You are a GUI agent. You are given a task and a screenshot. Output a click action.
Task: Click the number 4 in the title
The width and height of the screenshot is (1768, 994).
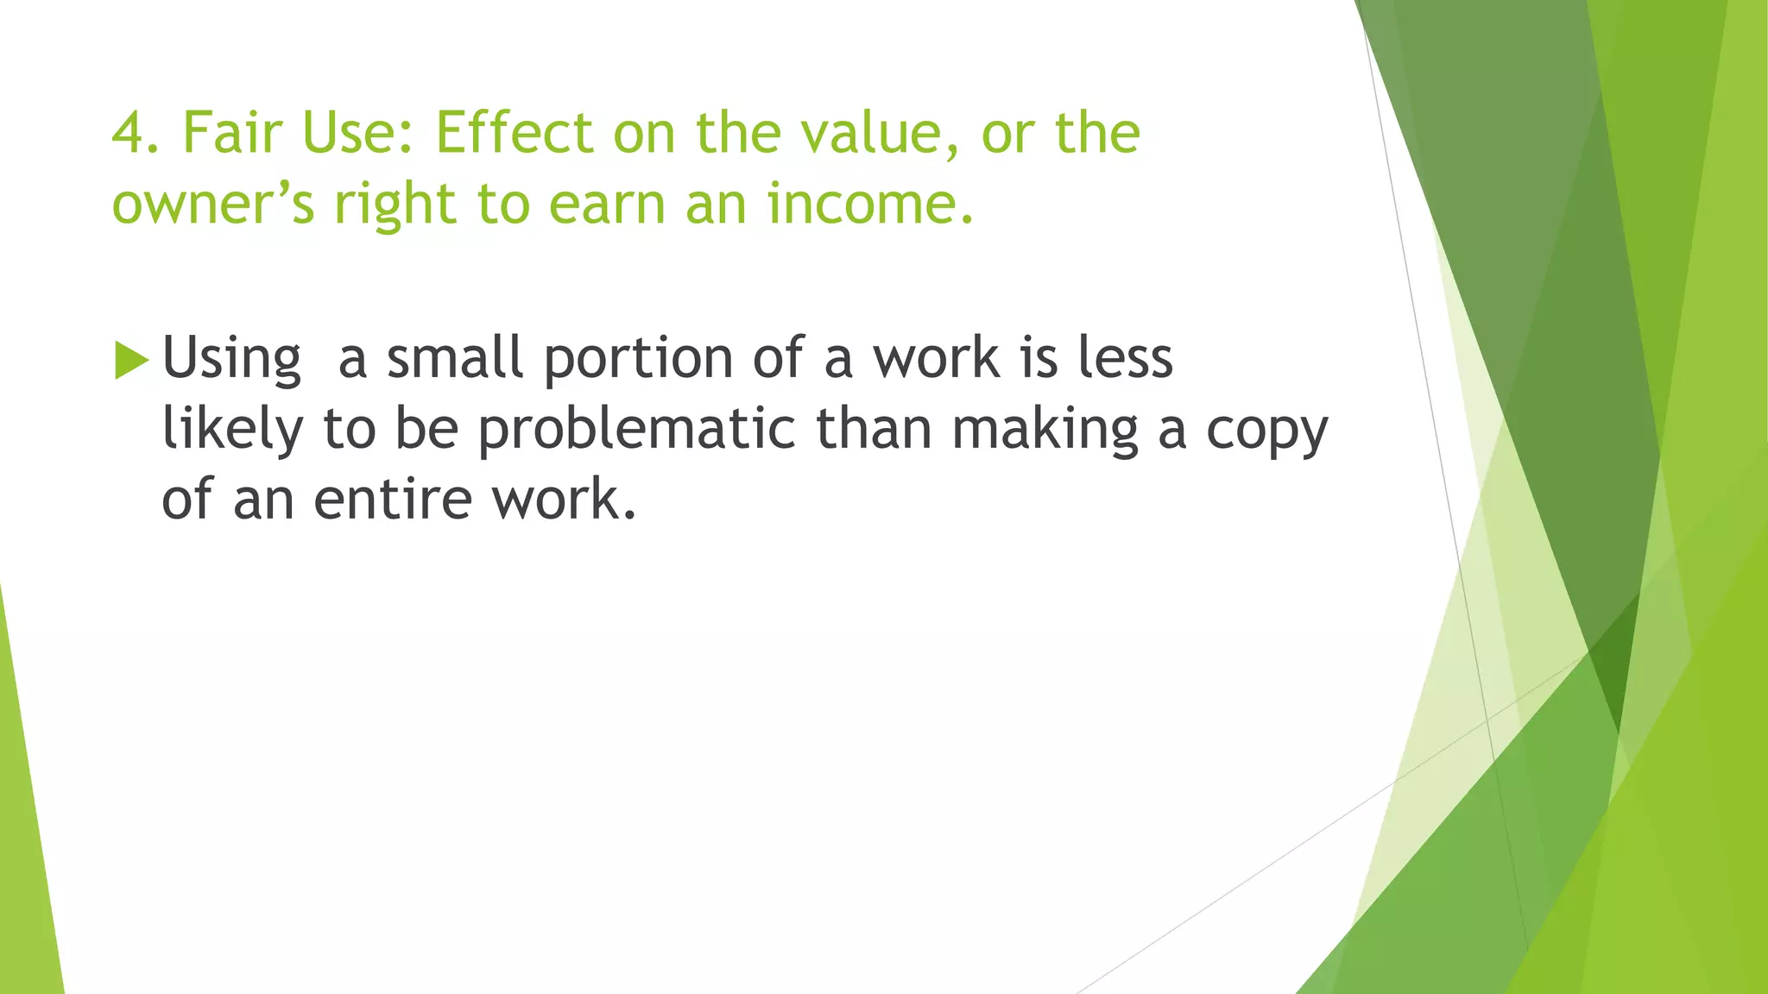pos(128,134)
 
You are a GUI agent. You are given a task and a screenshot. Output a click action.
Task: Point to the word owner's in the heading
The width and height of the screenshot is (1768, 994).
pos(212,205)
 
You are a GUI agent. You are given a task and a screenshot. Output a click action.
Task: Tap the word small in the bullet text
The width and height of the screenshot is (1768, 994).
pos(454,358)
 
